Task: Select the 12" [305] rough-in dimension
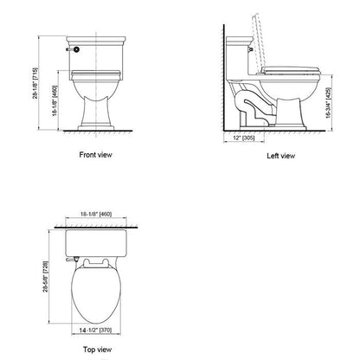244,137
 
